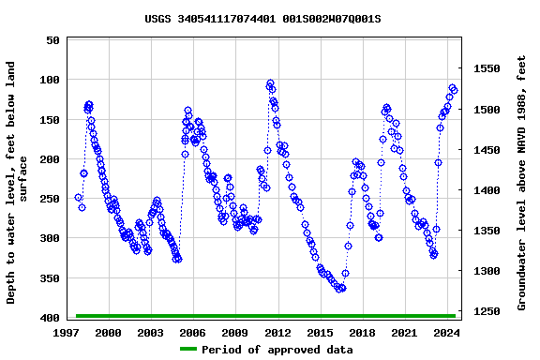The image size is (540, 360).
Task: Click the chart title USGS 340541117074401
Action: [262, 19]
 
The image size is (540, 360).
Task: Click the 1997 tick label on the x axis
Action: [67, 333]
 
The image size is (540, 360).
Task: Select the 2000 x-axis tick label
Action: [109, 333]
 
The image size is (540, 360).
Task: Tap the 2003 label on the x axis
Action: [151, 333]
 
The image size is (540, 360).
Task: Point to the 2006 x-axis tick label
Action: [193, 333]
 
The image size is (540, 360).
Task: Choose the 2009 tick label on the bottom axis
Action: [235, 333]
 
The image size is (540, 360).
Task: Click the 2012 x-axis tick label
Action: [277, 333]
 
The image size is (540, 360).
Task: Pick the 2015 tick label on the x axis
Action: [320, 333]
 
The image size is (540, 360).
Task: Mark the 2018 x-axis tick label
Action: [362, 333]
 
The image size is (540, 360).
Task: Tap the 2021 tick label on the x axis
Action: [404, 333]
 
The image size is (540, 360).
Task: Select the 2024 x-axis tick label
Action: [446, 333]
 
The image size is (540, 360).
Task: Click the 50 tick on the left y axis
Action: [51, 41]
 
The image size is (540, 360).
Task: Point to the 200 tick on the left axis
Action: [47, 160]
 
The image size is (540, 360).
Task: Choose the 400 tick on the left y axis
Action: [47, 319]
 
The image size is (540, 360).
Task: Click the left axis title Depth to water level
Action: [18, 183]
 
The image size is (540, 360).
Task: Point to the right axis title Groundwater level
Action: [522, 183]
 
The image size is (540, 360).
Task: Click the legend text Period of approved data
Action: [277, 350]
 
